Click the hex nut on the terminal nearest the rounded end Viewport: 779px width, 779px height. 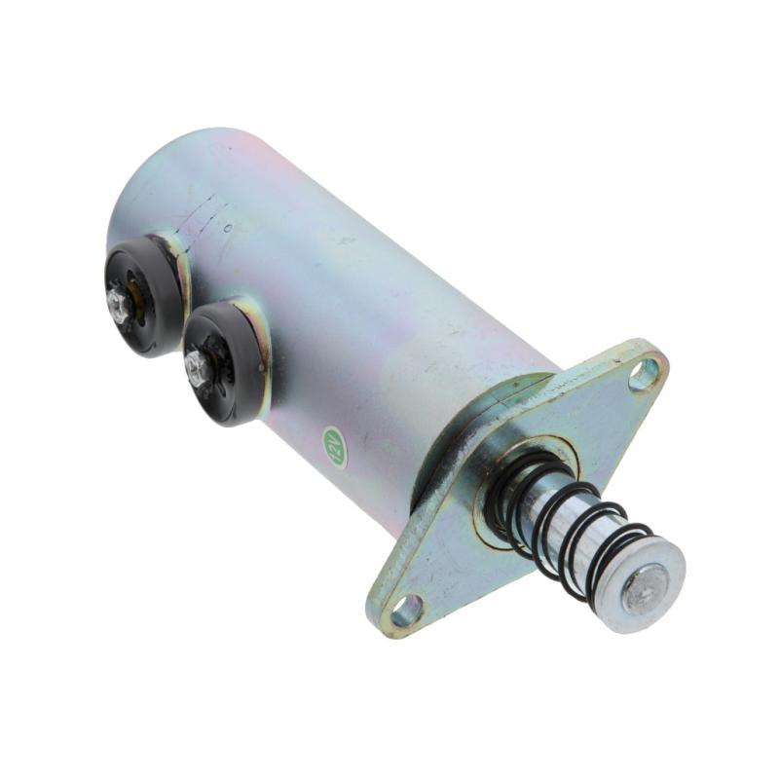click(121, 306)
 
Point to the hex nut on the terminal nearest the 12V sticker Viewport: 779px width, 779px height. click(198, 368)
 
